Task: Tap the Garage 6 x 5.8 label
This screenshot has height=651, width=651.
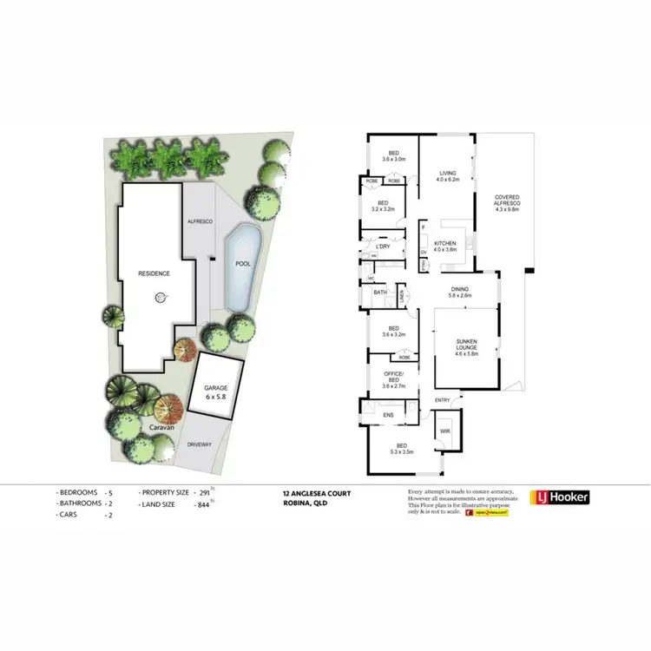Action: click(x=215, y=391)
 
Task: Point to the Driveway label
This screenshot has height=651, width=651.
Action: click(x=199, y=444)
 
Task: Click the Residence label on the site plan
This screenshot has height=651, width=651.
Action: click(x=154, y=273)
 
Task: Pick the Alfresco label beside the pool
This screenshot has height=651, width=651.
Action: click(x=201, y=222)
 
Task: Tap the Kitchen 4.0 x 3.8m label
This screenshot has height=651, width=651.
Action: click(x=445, y=246)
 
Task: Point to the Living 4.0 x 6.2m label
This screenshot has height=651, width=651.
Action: click(x=446, y=175)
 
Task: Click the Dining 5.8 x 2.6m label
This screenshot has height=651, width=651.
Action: click(x=460, y=293)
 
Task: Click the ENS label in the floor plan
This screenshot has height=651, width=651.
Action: click(x=388, y=416)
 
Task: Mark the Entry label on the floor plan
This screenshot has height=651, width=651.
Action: click(x=444, y=399)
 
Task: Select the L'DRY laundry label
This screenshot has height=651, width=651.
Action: click(x=383, y=247)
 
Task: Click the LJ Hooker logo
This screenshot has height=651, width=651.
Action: click(x=560, y=497)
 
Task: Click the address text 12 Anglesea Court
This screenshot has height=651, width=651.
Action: click(x=317, y=494)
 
